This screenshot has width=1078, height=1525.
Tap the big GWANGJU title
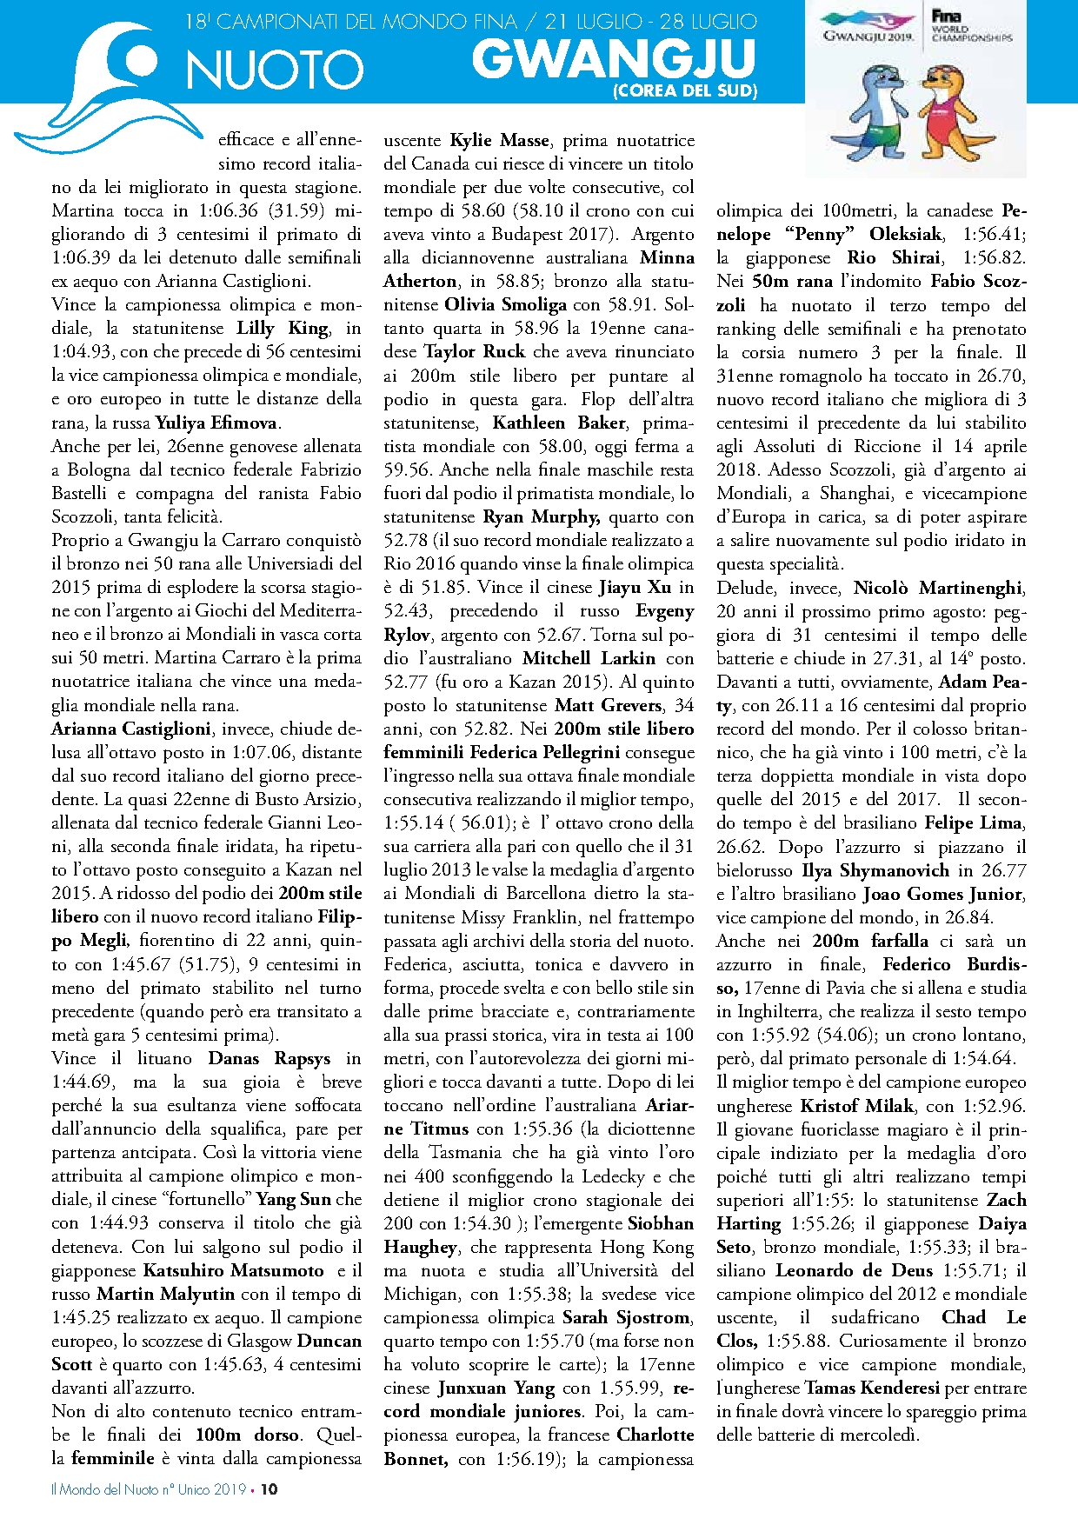(x=614, y=59)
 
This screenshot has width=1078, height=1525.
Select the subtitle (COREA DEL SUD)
(x=685, y=90)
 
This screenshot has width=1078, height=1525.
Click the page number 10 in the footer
(x=269, y=1488)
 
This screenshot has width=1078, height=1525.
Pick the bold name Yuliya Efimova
(x=216, y=423)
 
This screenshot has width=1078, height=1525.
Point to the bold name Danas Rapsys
(x=269, y=1058)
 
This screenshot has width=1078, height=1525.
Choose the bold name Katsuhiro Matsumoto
(x=233, y=1270)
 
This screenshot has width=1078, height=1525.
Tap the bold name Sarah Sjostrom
(x=626, y=1317)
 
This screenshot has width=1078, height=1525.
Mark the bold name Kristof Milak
(x=857, y=1106)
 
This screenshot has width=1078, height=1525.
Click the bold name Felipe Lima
(x=974, y=822)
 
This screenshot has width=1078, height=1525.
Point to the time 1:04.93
(x=82, y=352)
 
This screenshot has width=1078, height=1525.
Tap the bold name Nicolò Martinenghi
(x=939, y=588)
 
